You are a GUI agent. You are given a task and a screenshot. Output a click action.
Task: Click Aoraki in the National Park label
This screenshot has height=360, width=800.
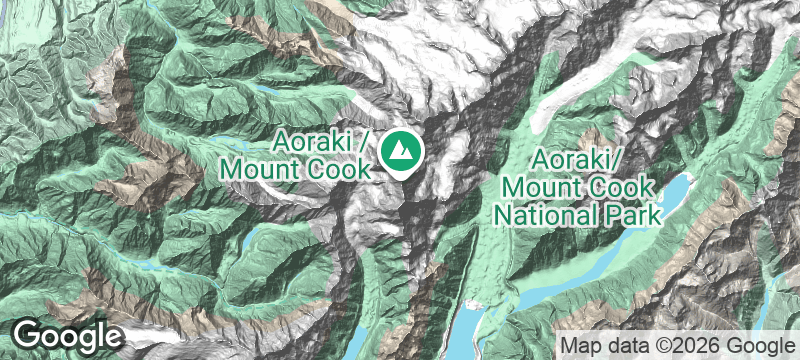coord(574,160)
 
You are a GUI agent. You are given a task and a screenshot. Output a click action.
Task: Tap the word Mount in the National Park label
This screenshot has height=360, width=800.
coord(544,187)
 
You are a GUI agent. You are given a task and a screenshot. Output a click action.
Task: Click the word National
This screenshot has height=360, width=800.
coord(546,214)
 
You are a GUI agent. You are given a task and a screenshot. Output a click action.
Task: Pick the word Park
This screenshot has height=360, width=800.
coord(629,214)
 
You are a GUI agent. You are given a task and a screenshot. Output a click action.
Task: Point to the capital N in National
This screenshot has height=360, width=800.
coord(505,214)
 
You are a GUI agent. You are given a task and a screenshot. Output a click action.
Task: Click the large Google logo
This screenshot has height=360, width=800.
coord(67,336)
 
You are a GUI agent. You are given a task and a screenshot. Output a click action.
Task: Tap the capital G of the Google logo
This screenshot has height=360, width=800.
coord(27,335)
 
